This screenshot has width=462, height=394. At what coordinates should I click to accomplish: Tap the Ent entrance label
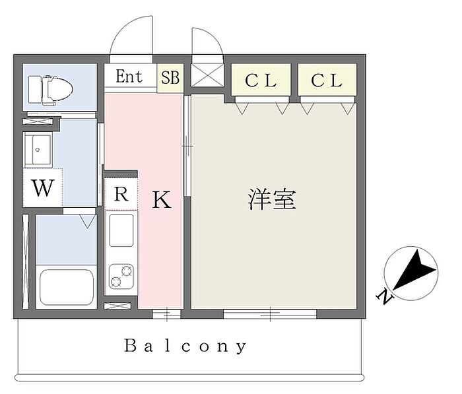click(129, 77)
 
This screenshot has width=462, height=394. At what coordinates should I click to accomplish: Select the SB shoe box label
click(170, 77)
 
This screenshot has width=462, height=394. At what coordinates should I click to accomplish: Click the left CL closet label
click(261, 81)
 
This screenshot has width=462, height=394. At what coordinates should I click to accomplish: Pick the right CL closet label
click(327, 81)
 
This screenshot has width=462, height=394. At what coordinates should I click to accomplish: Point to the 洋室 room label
click(271, 199)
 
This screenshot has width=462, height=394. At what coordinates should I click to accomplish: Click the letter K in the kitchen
click(162, 200)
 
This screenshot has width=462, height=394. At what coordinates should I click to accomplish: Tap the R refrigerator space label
click(121, 194)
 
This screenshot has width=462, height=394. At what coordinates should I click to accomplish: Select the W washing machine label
click(43, 189)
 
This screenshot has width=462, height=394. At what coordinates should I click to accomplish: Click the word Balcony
click(185, 345)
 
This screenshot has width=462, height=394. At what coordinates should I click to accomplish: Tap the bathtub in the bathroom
click(66, 287)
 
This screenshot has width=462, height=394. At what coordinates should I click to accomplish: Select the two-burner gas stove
click(121, 276)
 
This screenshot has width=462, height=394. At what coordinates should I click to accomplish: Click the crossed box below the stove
click(121, 307)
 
